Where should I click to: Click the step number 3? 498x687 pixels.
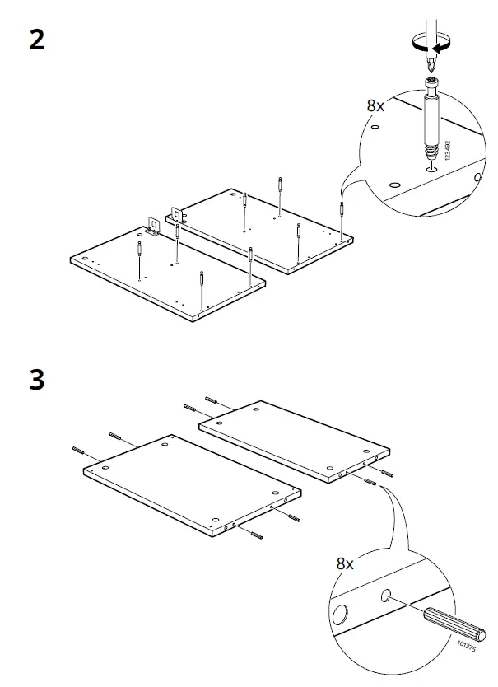(x=37, y=381)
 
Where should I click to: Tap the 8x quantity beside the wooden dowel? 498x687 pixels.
(x=345, y=564)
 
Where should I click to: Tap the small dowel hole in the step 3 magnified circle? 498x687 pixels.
(x=386, y=596)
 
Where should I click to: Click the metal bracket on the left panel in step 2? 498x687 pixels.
(x=154, y=225)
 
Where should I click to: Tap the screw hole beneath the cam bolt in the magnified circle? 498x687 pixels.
(x=430, y=170)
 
